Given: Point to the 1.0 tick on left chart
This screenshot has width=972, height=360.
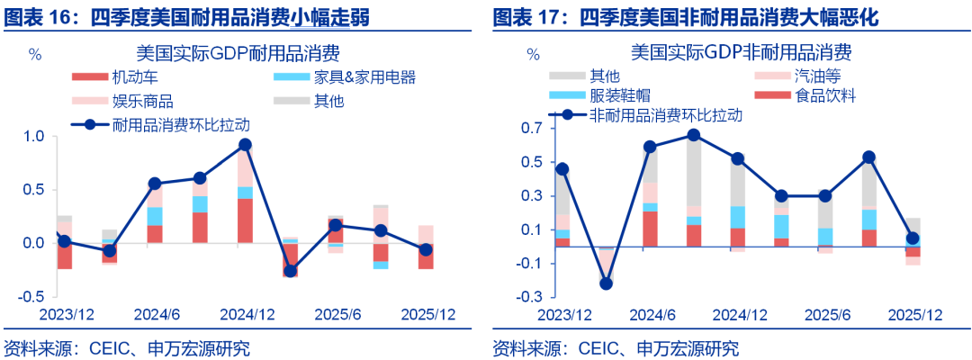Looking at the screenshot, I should (x=33, y=137).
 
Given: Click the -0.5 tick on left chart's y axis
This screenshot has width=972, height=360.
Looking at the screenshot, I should (x=31, y=296).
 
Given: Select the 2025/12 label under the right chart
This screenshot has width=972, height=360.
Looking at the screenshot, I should (x=914, y=315).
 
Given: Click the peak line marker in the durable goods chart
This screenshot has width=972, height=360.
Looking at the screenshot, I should (x=245, y=145).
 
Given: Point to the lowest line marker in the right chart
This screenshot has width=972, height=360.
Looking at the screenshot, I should (x=606, y=283).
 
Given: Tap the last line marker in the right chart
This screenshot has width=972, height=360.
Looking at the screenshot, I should (x=913, y=238).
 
